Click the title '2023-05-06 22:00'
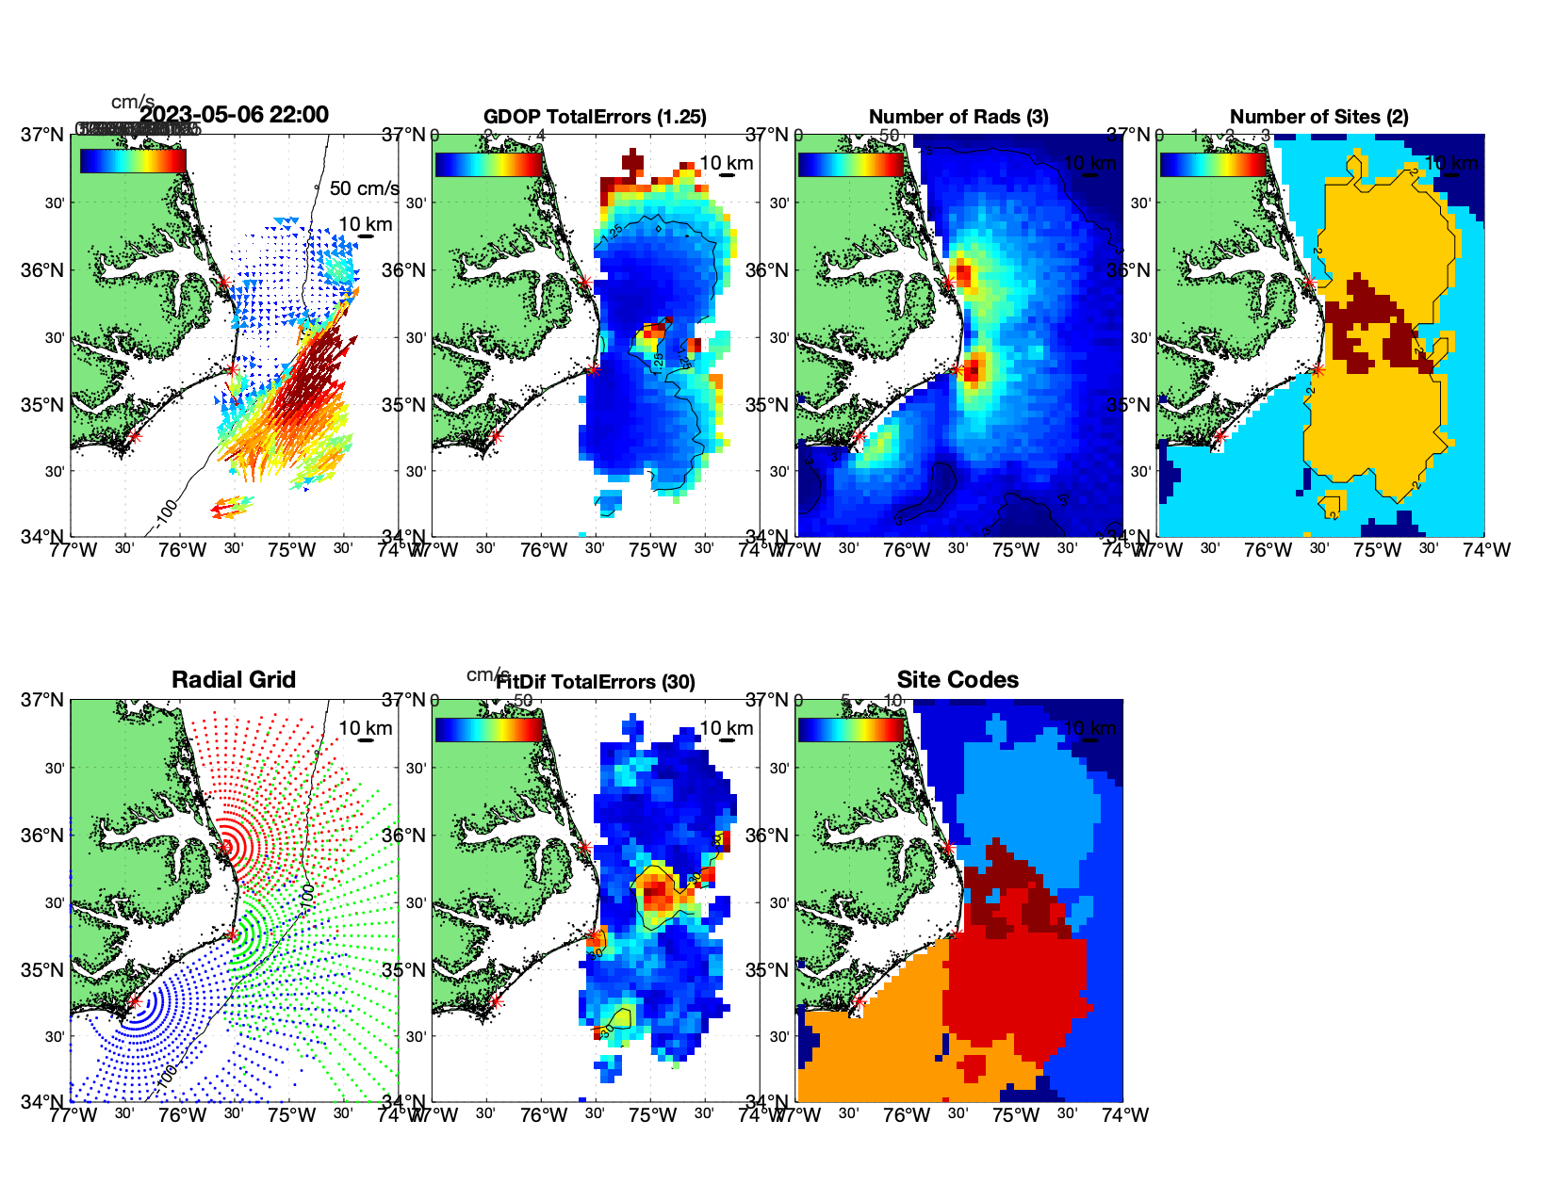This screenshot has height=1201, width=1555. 234,115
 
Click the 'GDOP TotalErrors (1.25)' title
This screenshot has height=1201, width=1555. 595,117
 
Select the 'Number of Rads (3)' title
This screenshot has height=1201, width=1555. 958,117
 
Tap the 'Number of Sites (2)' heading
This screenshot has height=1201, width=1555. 1318,117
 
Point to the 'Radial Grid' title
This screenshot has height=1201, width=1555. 234,680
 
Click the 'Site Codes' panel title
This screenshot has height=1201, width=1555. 958,680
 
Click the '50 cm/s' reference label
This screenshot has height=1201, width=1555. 364,188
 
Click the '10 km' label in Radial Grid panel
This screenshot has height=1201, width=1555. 365,728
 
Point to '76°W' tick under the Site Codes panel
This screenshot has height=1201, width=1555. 907,1115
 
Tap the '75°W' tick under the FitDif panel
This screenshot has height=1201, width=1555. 653,1115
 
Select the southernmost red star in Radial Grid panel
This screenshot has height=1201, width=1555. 134,1001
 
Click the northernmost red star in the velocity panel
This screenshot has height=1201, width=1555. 223,282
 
